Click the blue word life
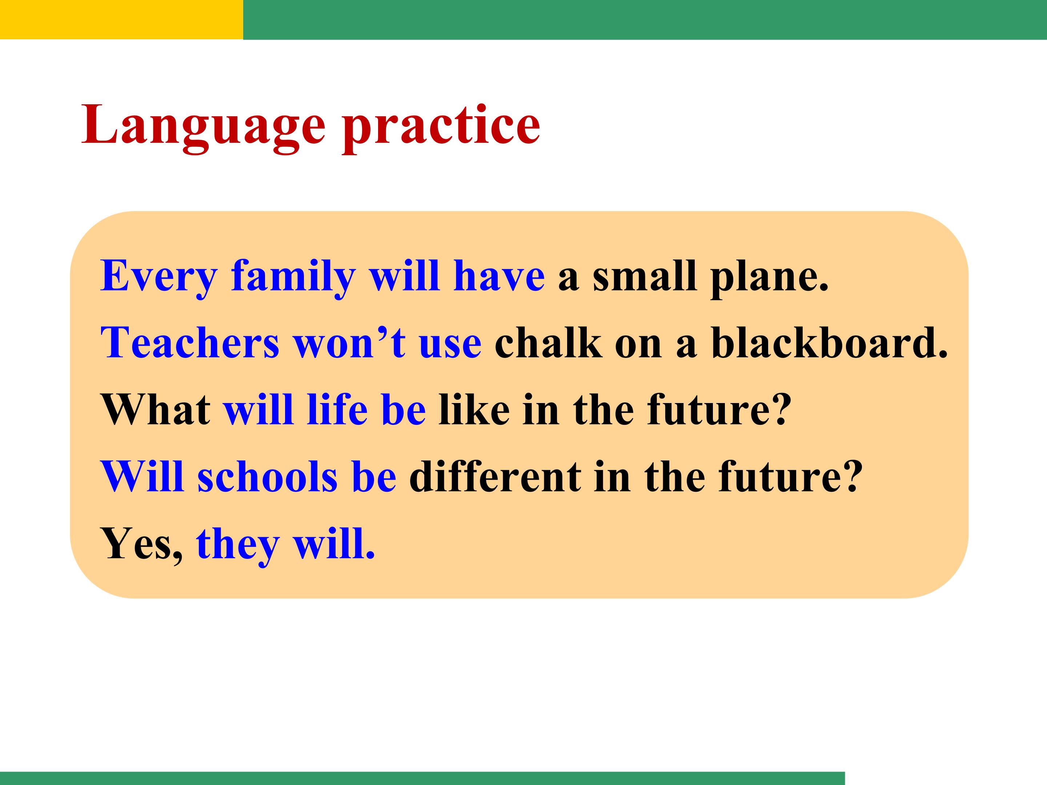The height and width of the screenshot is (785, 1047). click(337, 409)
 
